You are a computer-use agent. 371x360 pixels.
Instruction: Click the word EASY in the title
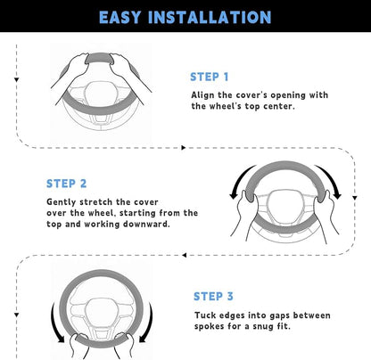tap(120, 17)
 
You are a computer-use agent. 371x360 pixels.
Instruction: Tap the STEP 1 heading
tap(210, 77)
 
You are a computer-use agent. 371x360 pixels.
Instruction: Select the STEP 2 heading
tap(66, 184)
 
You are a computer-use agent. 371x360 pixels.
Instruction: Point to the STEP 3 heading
tap(213, 296)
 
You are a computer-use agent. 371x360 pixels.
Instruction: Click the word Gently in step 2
tap(62, 202)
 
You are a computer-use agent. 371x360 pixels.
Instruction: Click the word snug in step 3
tap(264, 326)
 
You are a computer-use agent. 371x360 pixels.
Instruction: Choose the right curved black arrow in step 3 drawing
tap(149, 323)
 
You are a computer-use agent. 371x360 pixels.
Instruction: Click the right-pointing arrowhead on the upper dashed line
tap(183, 148)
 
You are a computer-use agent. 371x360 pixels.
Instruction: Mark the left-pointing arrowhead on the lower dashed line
tap(185, 255)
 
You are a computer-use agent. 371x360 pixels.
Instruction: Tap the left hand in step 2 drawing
tap(243, 215)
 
